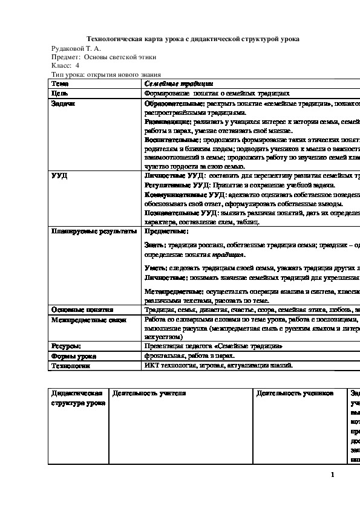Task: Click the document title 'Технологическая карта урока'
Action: tap(194, 39)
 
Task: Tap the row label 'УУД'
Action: tap(59, 175)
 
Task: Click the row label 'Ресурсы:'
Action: tap(67, 346)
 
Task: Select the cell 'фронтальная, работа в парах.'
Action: tap(189, 356)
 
